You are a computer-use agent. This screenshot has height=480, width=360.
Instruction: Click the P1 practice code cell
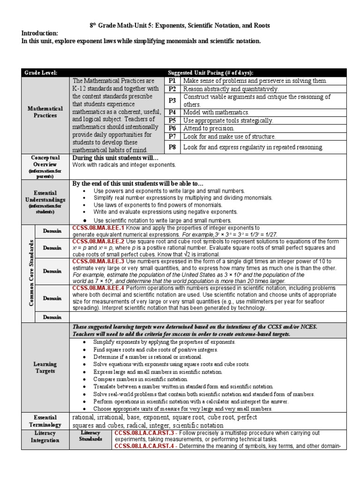[172, 81]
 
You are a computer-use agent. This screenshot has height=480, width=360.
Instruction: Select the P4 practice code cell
[172, 112]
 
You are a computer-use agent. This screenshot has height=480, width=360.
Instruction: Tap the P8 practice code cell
[172, 147]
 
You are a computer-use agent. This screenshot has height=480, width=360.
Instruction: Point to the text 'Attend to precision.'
[209, 128]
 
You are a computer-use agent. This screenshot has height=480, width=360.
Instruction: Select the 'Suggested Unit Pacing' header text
[210, 73]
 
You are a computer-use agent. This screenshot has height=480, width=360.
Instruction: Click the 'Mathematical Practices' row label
[45, 112]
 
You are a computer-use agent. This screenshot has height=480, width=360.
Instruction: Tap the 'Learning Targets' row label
[45, 367]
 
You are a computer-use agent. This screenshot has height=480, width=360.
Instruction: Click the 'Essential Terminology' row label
[45, 420]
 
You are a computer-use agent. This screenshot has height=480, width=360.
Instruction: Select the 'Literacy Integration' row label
[45, 437]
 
